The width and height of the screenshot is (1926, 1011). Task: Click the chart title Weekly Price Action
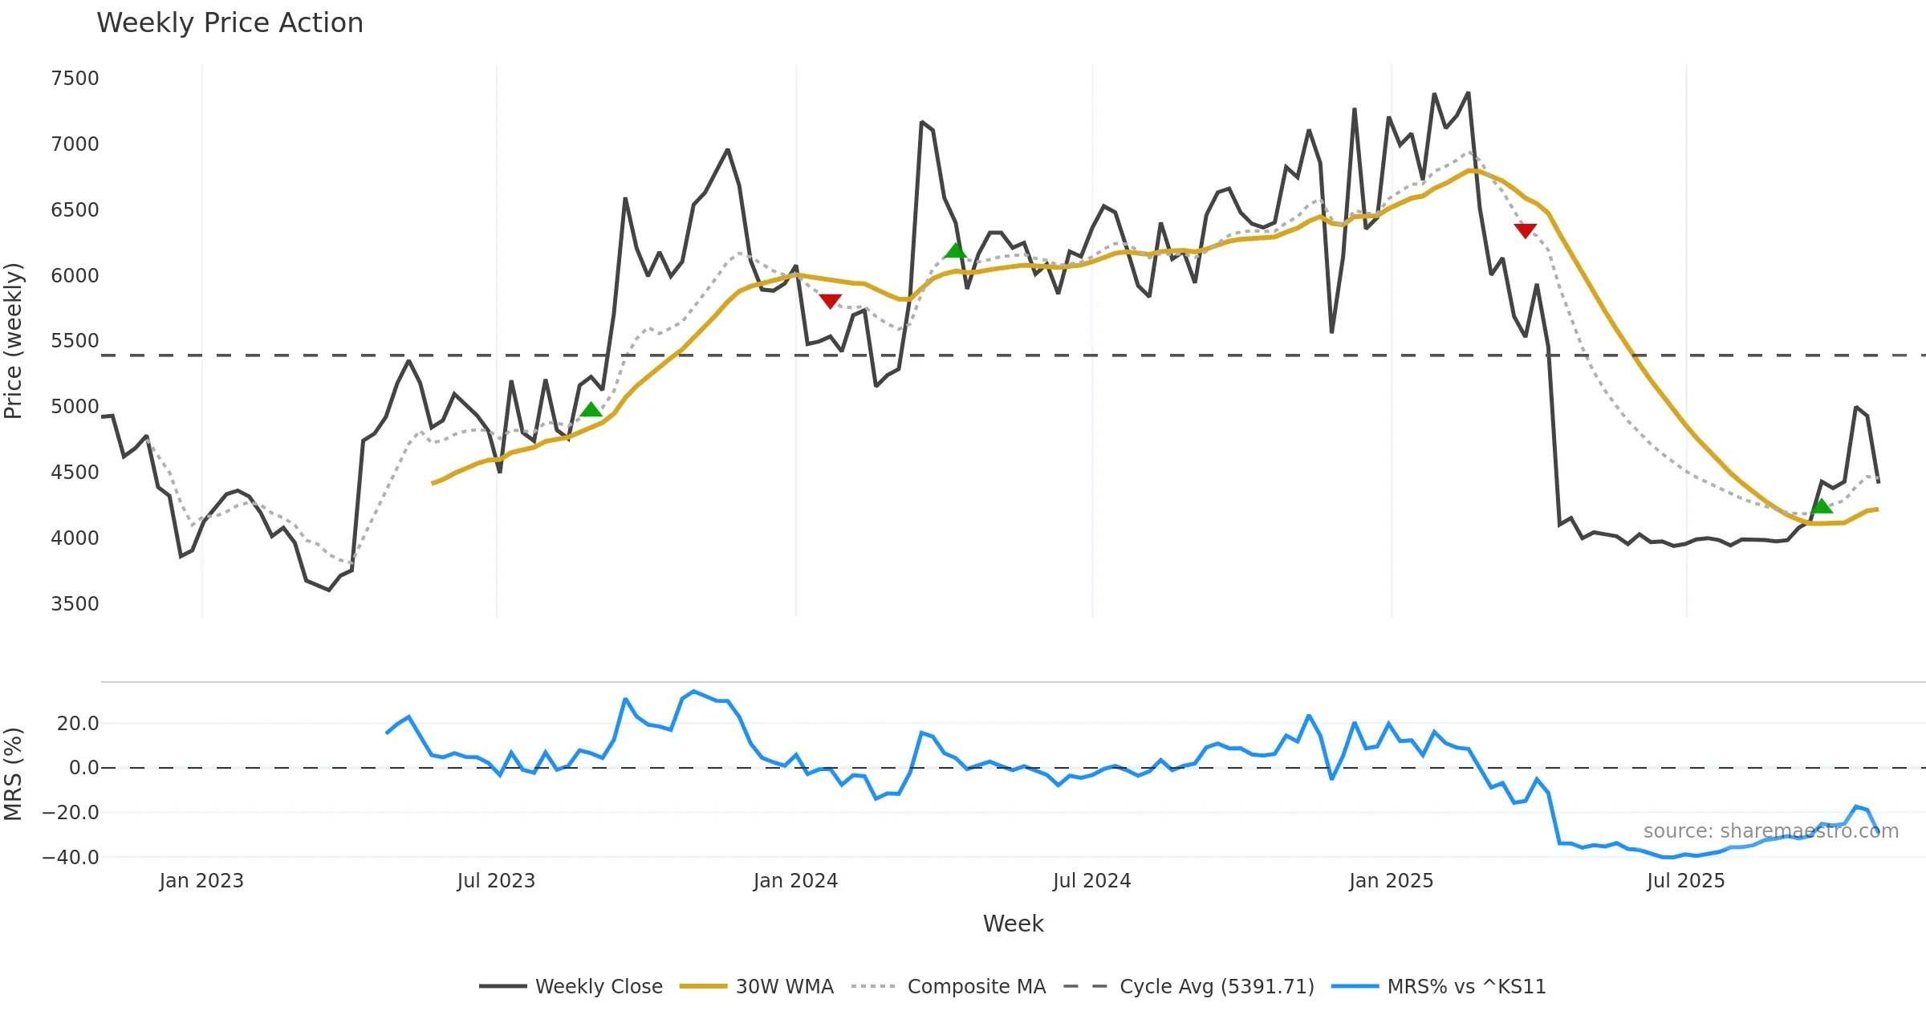230,23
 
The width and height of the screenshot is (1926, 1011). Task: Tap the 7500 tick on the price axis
75,79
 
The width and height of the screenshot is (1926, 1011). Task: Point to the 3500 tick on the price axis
75,604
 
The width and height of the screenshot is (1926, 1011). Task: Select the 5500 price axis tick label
75,341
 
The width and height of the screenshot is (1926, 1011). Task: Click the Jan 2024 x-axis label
795,881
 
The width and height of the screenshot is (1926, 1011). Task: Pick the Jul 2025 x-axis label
1685,881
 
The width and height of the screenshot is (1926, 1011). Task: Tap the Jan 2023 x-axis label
201,881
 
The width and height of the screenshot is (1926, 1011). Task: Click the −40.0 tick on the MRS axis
71,858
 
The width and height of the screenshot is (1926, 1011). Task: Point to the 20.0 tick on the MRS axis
78,724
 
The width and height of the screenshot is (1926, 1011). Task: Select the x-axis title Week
1013,924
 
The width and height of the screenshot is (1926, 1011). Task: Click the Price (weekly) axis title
14,341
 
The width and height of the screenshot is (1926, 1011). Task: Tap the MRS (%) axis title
14,774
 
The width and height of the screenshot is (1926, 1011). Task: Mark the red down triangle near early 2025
1526,230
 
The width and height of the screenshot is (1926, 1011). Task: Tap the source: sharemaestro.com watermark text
1770,831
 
